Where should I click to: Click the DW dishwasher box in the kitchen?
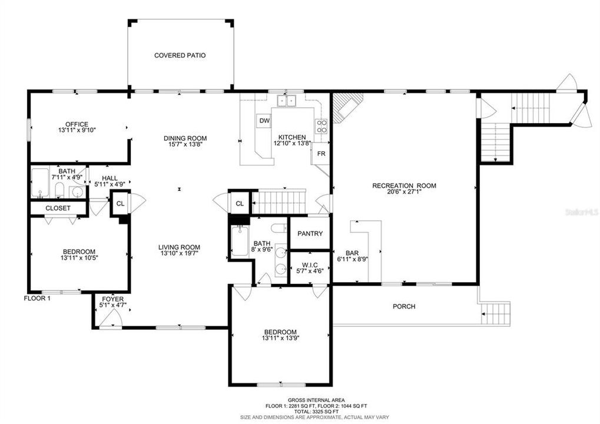click(x=264, y=121)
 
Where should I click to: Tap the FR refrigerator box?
click(x=321, y=153)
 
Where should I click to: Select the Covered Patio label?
click(x=180, y=55)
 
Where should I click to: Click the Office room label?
click(x=77, y=124)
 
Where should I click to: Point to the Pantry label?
click(x=310, y=234)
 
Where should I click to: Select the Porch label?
click(x=404, y=306)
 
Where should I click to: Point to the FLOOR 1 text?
click(x=37, y=298)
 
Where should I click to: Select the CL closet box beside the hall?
click(x=120, y=203)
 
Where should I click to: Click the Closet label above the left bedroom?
click(x=58, y=208)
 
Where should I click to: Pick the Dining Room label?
click(x=185, y=138)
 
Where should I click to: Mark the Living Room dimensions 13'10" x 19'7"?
click(x=178, y=254)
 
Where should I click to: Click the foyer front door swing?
click(x=110, y=318)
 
